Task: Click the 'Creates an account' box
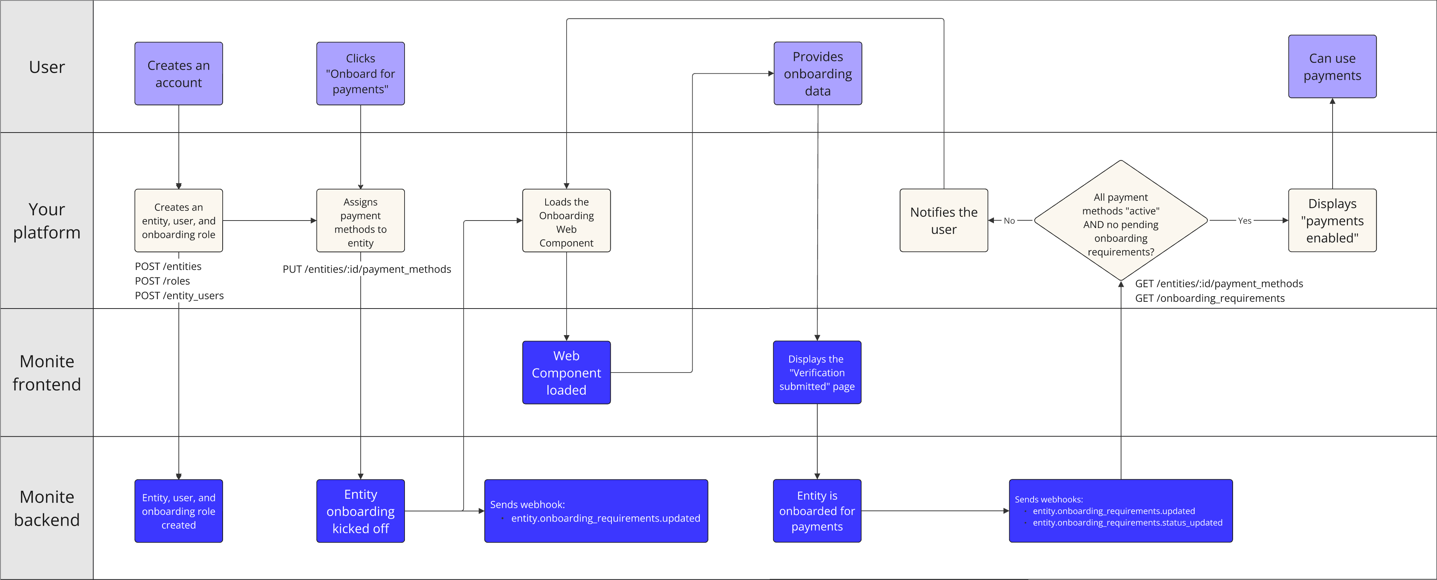point(179,74)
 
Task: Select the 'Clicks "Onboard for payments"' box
point(360,74)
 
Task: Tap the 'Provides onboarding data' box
point(817,74)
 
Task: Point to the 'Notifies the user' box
point(943,221)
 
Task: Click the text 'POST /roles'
point(162,281)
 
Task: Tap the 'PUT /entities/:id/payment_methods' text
point(366,269)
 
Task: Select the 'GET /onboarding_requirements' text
point(1209,298)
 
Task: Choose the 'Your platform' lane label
point(47,221)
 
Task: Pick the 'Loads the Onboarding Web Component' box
point(566,221)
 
